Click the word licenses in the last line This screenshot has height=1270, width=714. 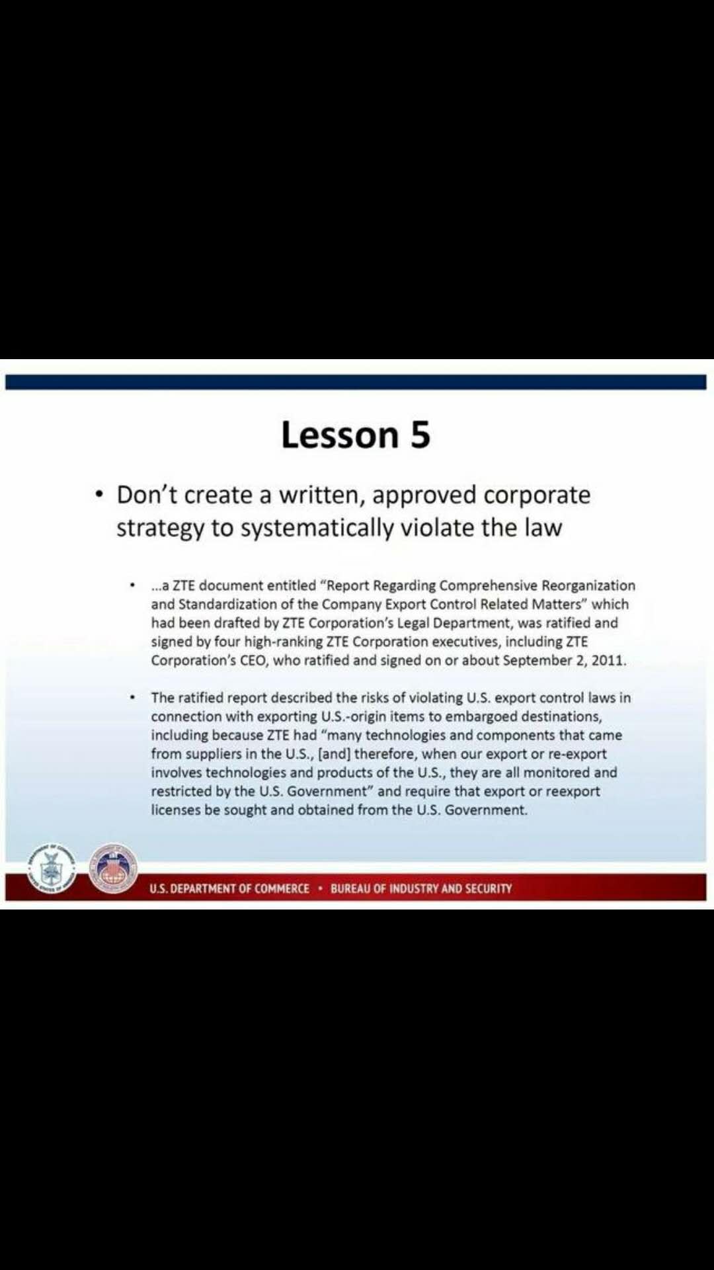pos(175,810)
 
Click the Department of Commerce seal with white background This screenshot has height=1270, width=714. pos(51,868)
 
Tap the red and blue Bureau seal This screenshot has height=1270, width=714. pos(114,868)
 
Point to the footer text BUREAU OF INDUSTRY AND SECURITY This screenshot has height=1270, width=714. pos(421,888)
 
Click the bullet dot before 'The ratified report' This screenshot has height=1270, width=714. pos(133,697)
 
